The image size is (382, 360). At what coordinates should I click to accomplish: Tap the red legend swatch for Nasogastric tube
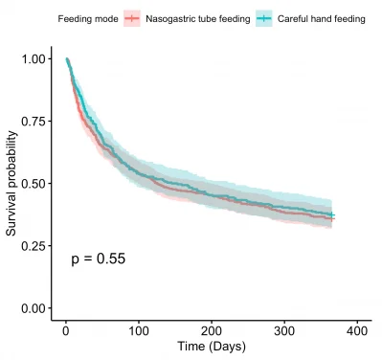(133, 18)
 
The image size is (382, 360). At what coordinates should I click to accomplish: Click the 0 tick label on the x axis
(65, 330)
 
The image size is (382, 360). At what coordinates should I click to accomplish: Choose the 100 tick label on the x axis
(138, 330)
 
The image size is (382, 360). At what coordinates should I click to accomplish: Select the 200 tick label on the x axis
(211, 330)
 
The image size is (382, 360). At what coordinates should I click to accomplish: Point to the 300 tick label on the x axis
(284, 330)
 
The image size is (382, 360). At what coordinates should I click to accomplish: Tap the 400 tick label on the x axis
(357, 330)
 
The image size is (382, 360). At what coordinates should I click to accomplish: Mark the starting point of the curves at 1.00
(66, 59)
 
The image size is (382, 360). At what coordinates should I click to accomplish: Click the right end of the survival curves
(332, 217)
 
